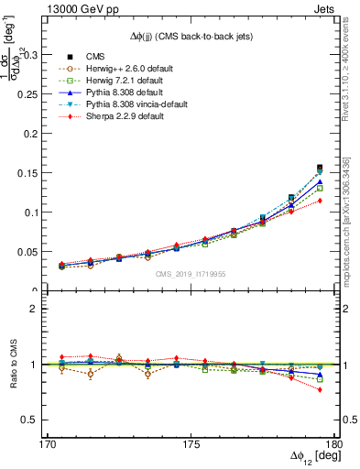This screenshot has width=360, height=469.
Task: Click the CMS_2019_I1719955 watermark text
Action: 190,274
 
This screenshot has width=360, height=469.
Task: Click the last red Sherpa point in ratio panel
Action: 320,389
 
